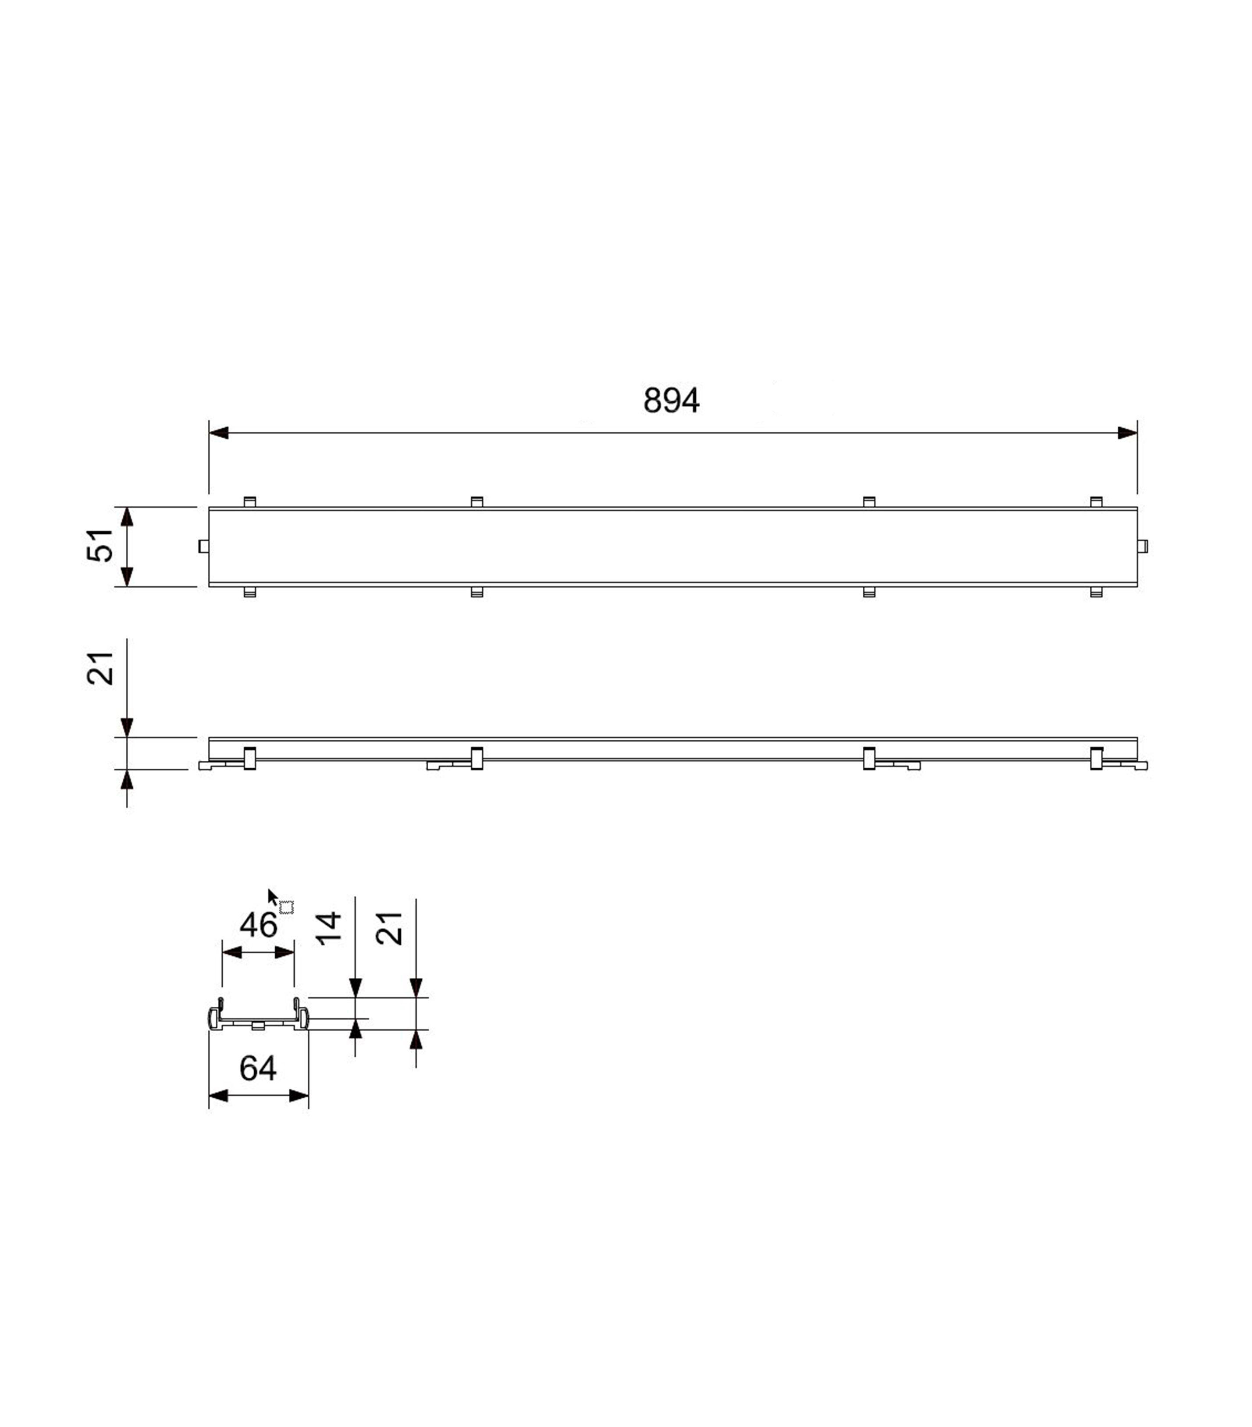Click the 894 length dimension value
[x=670, y=401]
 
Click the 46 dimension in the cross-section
[x=258, y=926]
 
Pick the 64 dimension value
[x=258, y=1068]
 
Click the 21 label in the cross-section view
[x=390, y=929]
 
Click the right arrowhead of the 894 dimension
[x=1127, y=433]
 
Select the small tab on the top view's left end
[x=203, y=546]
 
